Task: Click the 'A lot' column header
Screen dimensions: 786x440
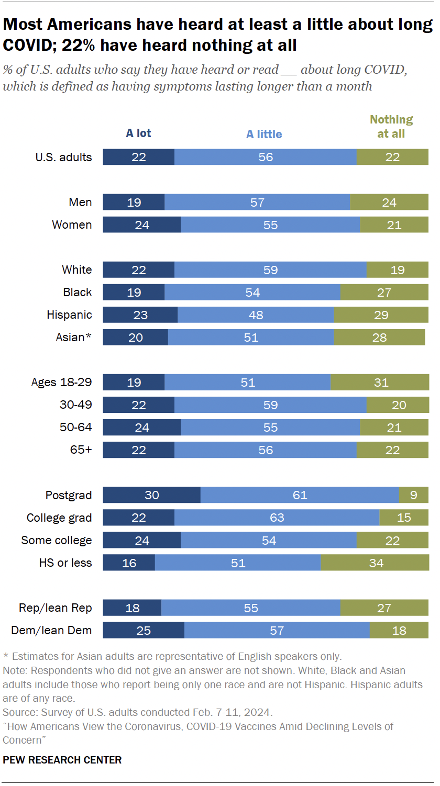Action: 138,133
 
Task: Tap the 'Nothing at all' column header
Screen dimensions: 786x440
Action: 391,127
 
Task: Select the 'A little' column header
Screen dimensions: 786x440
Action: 264,134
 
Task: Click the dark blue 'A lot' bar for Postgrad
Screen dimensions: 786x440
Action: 151,495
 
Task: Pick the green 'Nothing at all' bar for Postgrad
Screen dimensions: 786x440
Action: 413,495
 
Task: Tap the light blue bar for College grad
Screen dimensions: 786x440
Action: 277,518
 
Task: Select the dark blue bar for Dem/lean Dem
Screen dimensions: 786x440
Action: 143,630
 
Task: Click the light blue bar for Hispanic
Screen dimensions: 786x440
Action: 256,315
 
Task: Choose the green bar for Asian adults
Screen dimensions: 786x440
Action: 379,337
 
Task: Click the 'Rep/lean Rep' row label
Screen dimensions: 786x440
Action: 56,608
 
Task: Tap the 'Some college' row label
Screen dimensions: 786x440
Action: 57,540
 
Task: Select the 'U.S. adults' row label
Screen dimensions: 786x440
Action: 63,157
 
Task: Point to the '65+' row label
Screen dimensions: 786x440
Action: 81,450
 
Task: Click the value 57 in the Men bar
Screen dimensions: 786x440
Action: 257,203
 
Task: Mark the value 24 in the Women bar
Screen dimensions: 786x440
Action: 142,225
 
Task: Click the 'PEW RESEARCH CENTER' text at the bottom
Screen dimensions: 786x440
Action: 62,760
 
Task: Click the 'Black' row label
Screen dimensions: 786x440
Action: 78,292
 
